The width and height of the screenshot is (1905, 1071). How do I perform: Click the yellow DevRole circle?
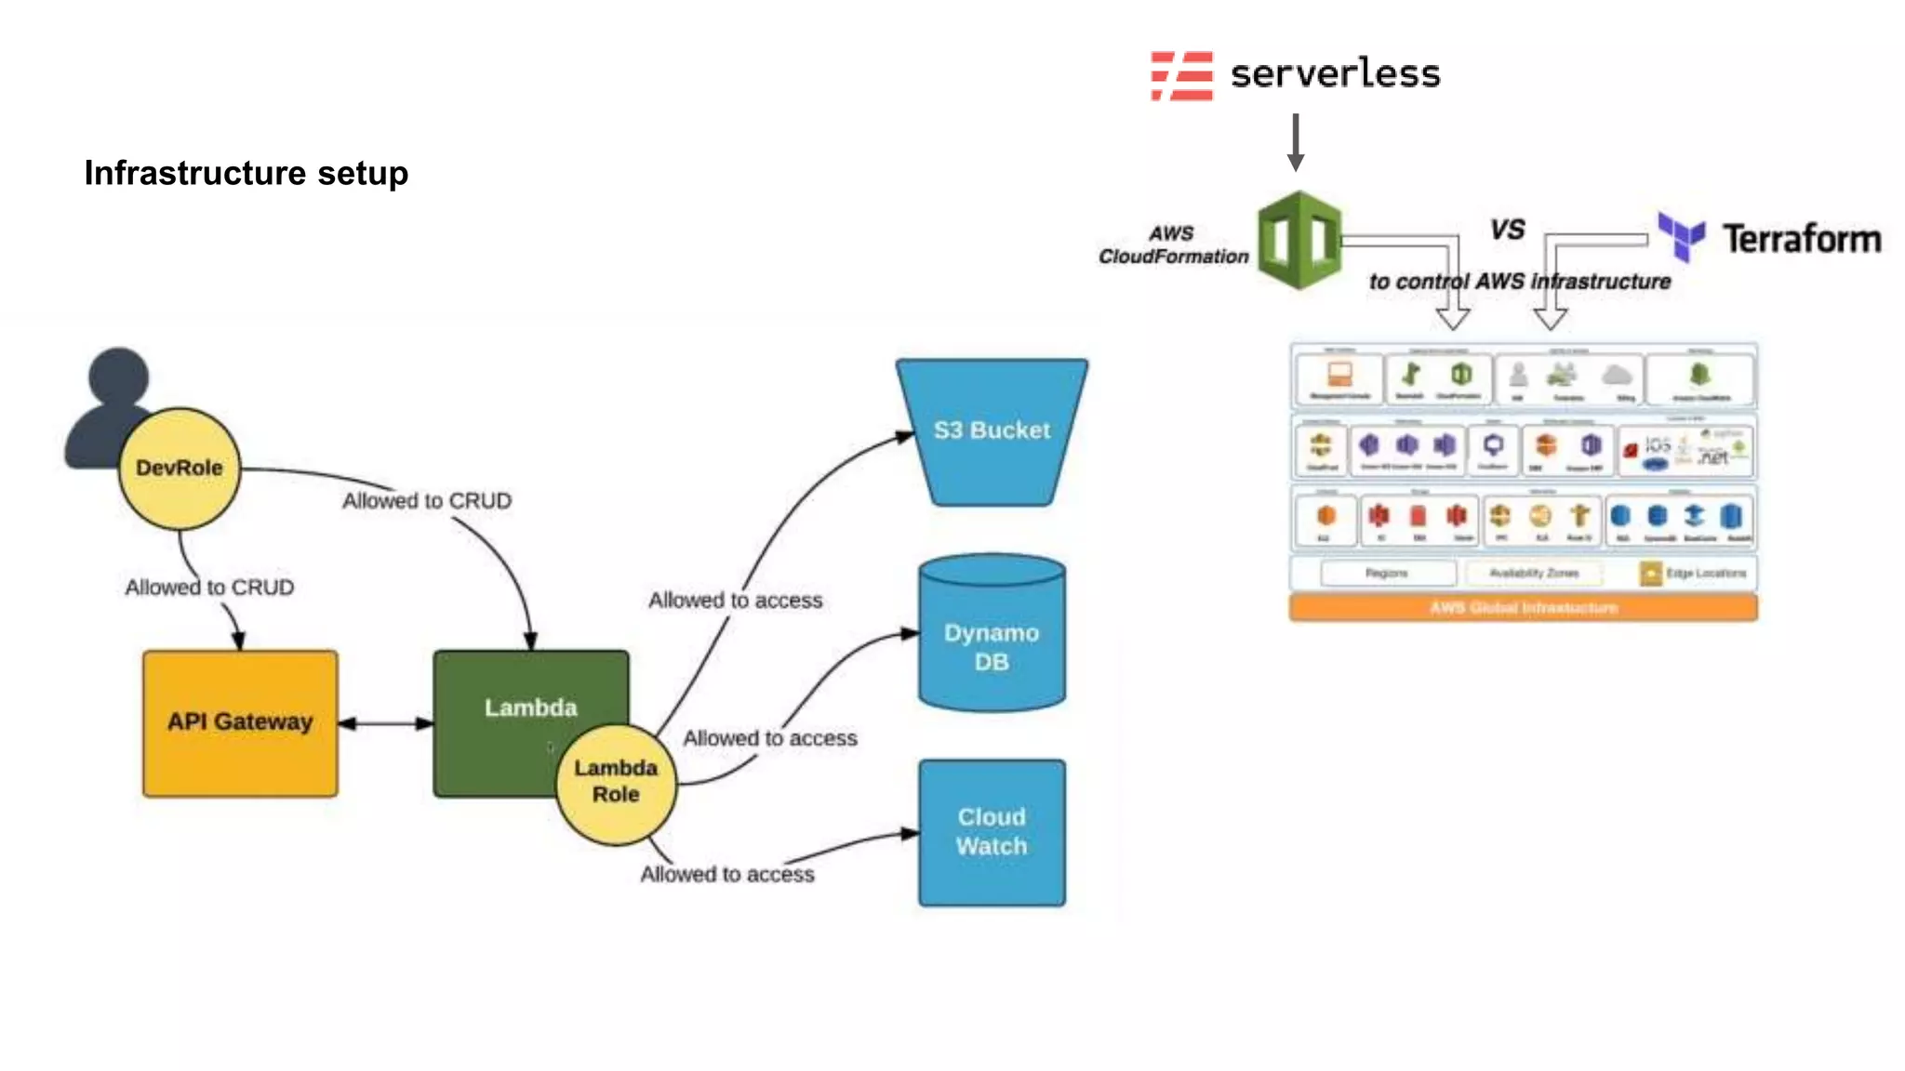point(180,468)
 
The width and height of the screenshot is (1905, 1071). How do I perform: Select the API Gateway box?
point(240,722)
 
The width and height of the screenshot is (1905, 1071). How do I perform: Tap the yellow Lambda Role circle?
point(616,784)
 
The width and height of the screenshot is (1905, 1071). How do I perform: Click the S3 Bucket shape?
point(992,431)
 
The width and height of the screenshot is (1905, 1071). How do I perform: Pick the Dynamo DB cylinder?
point(992,641)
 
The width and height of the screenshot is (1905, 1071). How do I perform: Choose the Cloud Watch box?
point(992,832)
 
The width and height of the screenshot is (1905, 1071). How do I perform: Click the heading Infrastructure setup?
point(246,173)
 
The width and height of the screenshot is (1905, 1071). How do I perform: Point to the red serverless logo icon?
point(1181,75)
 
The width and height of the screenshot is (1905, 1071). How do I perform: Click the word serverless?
point(1335,74)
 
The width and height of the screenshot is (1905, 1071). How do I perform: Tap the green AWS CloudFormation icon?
point(1299,240)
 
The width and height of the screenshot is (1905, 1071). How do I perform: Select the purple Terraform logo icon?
point(1682,235)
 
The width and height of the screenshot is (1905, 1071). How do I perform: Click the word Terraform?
point(1802,239)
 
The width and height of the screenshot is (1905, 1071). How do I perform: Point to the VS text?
point(1507,229)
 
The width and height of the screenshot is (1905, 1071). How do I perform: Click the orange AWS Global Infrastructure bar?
point(1523,608)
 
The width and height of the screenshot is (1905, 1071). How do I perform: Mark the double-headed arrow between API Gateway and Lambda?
point(385,723)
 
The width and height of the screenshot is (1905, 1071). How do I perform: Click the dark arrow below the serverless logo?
point(1295,142)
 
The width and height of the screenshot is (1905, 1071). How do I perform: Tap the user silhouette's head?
point(118,377)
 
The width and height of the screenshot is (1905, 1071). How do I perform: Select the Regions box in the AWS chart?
point(1387,573)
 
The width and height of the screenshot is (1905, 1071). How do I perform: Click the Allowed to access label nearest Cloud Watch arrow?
point(726,874)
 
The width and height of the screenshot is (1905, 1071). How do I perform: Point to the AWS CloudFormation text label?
point(1173,245)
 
